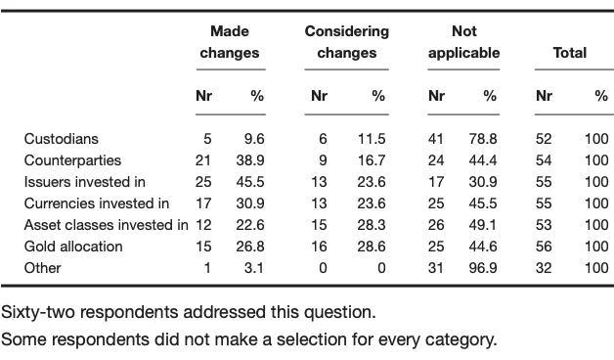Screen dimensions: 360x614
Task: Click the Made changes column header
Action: pyautogui.click(x=229, y=42)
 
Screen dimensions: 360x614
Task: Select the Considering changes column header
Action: pyautogui.click(x=346, y=42)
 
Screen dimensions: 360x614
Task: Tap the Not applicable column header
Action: pyautogui.click(x=463, y=42)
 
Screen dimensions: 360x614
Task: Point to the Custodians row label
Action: pyautogui.click(x=61, y=139)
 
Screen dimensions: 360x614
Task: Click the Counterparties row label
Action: pyautogui.click(x=72, y=160)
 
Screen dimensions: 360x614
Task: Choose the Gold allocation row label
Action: pyautogui.click(x=73, y=247)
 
